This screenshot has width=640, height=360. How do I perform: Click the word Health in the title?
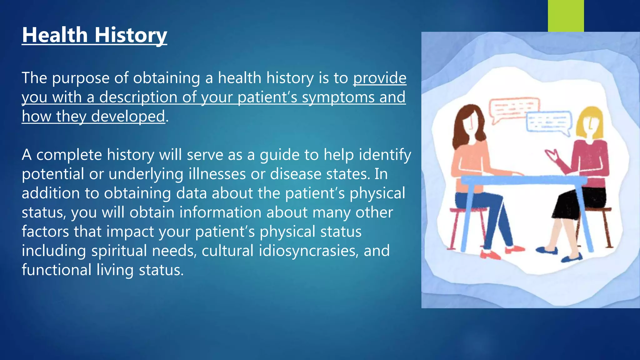point(55,35)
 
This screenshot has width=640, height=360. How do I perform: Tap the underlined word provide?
point(380,78)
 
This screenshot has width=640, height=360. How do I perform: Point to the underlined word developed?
point(128,117)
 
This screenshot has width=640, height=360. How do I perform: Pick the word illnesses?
point(217,174)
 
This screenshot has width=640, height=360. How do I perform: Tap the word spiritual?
point(119,251)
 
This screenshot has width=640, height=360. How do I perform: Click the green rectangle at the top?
point(566,16)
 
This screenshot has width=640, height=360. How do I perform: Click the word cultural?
point(227,251)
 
